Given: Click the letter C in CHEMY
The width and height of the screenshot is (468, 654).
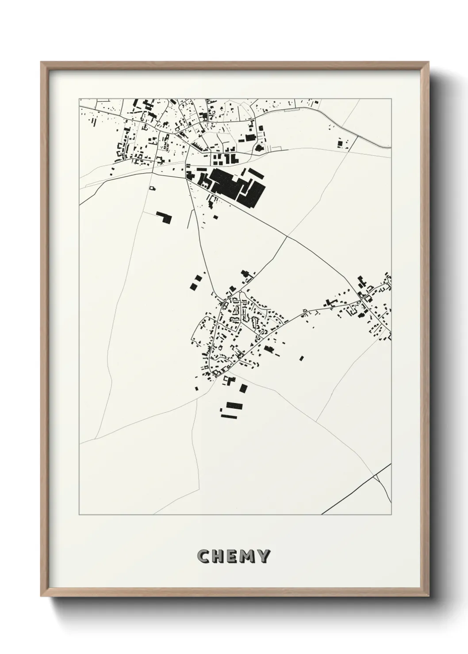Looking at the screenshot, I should (204, 556).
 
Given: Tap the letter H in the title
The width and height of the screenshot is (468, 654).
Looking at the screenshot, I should (219, 556).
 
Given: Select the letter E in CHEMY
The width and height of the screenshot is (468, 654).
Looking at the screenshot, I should (233, 556).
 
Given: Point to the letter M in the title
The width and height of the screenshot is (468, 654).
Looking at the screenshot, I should (248, 556).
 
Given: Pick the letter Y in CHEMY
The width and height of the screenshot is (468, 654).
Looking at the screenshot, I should (263, 556).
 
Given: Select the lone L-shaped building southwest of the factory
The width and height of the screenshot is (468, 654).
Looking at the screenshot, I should (165, 217).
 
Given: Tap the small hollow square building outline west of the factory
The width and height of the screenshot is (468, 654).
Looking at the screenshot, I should (153, 188).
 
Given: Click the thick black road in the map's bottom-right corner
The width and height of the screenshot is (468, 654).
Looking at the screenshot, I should (354, 490).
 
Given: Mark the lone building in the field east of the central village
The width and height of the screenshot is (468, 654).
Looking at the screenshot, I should (302, 358).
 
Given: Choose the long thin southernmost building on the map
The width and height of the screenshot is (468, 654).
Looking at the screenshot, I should (228, 416).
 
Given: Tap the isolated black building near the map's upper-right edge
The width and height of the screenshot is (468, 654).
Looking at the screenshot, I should (340, 143).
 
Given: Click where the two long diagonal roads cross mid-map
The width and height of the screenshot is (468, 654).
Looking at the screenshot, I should (287, 237).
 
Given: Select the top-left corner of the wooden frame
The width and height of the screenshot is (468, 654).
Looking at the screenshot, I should (41, 62).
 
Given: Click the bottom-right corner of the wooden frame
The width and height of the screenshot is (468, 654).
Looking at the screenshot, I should (430, 598).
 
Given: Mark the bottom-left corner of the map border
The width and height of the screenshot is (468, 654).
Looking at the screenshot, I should (80, 515).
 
